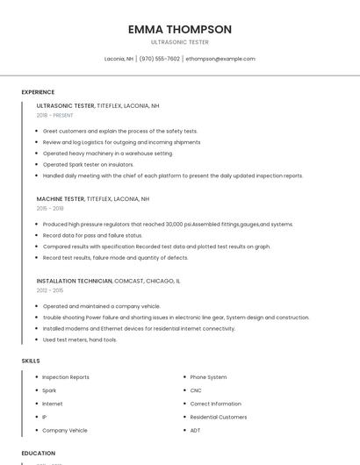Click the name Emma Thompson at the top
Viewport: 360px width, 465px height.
[x=179, y=29]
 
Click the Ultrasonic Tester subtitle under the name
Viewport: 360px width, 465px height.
[x=179, y=42]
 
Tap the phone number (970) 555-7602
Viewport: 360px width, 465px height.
[x=159, y=59]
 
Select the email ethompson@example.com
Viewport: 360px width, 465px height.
[x=220, y=59]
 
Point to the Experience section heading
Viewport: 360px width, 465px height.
[x=38, y=92]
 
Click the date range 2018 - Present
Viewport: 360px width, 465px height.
[x=54, y=115]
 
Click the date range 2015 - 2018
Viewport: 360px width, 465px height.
[x=50, y=209]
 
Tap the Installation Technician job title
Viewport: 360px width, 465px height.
[x=74, y=281]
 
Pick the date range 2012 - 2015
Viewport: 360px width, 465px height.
[x=50, y=290]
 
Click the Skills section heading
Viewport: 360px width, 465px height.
[x=31, y=361]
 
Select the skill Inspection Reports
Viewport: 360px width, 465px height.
[x=66, y=377]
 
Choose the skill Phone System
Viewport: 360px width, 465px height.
[x=208, y=377]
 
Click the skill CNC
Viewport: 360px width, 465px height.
[x=196, y=390]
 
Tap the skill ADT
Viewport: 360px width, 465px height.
[x=196, y=431]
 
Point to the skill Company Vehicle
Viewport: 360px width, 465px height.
[x=65, y=431]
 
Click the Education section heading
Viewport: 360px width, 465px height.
[x=39, y=453]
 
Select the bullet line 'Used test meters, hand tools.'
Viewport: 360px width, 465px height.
[x=80, y=340]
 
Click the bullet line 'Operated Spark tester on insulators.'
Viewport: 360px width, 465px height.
[x=88, y=164]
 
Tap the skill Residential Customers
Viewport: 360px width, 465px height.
[x=219, y=418]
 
